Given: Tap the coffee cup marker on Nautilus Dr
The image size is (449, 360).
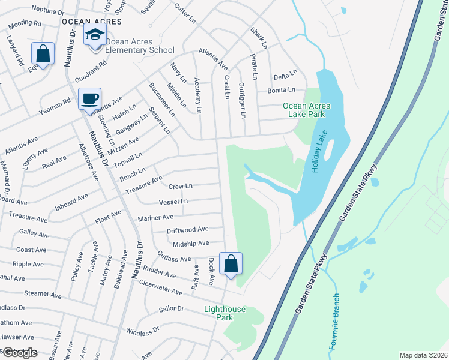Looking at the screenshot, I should (x=90, y=99).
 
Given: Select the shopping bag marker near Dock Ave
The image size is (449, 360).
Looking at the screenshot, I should (x=231, y=263).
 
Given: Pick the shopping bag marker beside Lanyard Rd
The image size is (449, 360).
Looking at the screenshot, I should (x=43, y=53).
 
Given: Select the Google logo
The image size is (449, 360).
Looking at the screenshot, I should (x=20, y=353).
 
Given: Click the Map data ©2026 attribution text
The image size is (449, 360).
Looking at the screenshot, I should (x=423, y=355).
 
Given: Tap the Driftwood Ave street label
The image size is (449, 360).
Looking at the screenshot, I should (x=188, y=229).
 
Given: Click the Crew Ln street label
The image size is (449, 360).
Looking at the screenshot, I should (x=181, y=187).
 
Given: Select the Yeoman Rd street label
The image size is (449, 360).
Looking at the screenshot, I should (x=58, y=106).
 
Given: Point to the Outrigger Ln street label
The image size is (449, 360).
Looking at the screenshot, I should (x=243, y=100).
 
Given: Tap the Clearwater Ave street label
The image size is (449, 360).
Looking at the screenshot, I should (x=160, y=287).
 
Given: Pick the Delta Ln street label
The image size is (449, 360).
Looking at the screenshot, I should (x=285, y=76).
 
